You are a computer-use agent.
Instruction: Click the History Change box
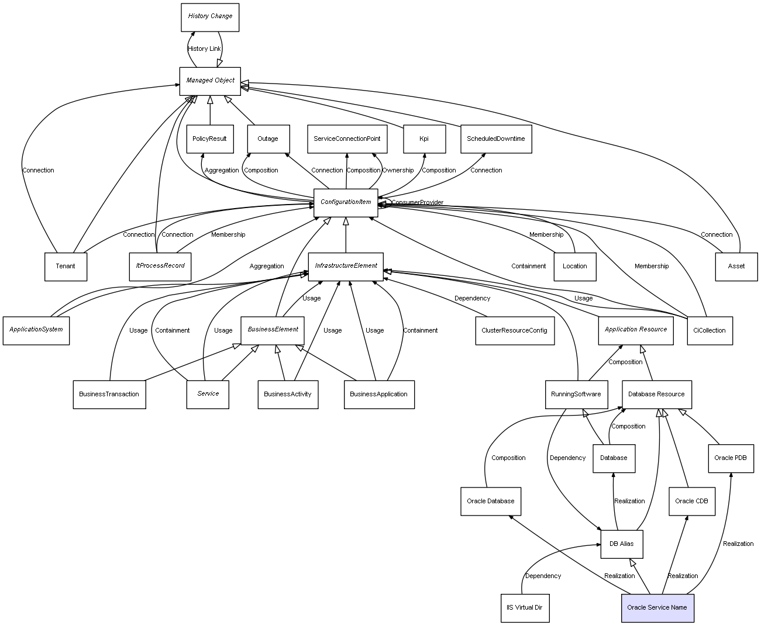pos(210,16)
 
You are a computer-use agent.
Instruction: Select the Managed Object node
pos(210,81)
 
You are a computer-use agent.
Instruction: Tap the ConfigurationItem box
pos(346,202)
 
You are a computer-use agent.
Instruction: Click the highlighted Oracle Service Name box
pos(657,608)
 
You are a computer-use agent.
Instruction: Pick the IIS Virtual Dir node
pos(525,608)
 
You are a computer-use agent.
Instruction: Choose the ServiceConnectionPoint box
pos(347,139)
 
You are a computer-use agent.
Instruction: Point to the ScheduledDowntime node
pos(495,139)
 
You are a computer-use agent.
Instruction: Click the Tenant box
pos(66,267)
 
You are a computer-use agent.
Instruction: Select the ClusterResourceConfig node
pos(514,331)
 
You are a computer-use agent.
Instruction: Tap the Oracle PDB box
pos(731,458)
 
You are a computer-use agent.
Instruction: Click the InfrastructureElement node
pos(346,266)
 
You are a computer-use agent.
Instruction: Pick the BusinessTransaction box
pos(109,395)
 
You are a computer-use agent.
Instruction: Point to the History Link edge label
pos(204,49)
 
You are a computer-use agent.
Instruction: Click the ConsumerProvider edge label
pos(417,203)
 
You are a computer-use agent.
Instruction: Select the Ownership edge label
pos(398,171)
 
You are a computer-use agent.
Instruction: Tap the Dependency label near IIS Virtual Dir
pos(543,576)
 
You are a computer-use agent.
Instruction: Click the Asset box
pos(736,267)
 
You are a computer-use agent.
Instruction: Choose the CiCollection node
pos(709,331)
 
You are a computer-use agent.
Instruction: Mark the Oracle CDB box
pos(691,502)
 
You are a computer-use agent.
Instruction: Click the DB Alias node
pos(621,544)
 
